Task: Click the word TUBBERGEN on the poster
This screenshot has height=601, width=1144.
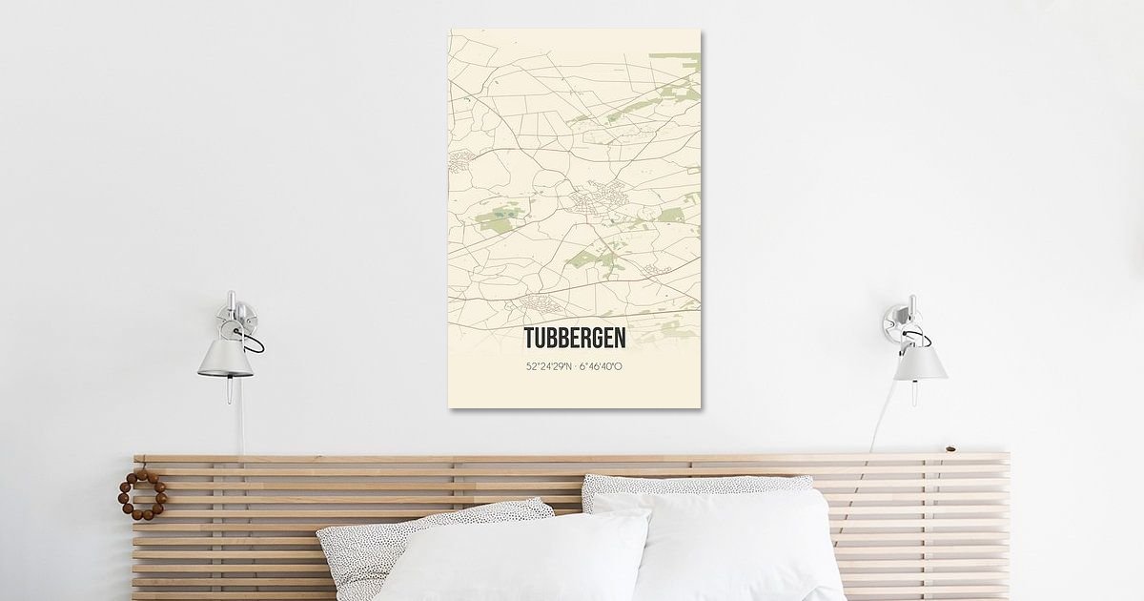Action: (575, 340)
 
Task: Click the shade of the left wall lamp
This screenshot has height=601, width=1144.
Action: (226, 357)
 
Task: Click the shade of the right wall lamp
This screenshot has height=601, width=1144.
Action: (920, 361)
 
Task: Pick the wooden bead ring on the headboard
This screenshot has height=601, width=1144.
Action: (142, 495)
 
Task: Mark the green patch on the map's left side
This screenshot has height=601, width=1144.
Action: (497, 220)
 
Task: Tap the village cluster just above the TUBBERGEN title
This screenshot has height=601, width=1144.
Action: (538, 306)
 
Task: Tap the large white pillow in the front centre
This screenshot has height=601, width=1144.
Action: (515, 558)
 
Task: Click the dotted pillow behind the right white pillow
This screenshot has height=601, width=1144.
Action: (696, 483)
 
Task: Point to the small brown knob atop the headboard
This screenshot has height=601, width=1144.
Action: (950, 448)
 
